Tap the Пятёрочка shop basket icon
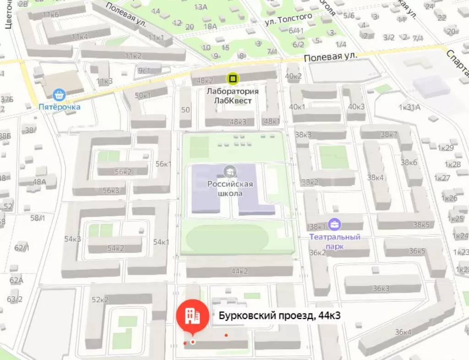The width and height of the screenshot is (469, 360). pos(59,96)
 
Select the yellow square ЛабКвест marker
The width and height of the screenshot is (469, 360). pos(233,79)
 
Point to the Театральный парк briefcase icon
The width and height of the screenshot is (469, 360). pos(335,224)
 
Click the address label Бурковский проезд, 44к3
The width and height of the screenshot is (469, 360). pos(279,316)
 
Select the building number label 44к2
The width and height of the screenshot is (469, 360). pos(239,271)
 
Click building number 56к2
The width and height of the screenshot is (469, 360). pos(123,172)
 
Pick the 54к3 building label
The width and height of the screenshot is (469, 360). pos(72,239)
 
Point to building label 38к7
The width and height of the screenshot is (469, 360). pos(389,134)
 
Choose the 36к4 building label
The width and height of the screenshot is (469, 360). pos(403,332)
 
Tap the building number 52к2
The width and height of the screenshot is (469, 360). pos(100,300)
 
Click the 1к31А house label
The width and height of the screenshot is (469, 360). pos(409,107)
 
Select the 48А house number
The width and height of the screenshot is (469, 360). pos(39,181)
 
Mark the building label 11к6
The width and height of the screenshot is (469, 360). pos(51,15)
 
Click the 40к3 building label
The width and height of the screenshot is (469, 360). pos(356,107)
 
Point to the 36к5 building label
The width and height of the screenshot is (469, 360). pos(417,251)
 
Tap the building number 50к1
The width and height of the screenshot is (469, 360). pos(143,95)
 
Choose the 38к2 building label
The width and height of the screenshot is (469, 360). pos(310,182)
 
